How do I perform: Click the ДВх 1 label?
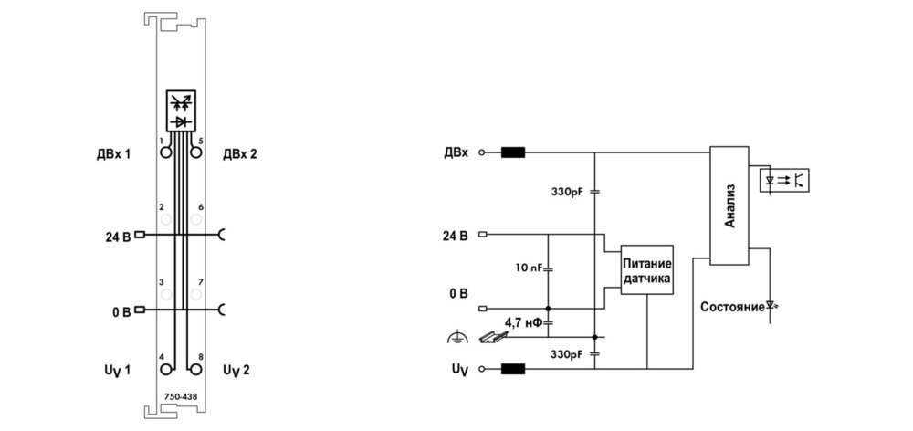tap(114, 154)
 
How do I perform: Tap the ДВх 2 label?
tap(240, 154)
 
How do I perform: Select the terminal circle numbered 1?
tap(166, 152)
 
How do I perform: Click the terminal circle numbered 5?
tap(196, 152)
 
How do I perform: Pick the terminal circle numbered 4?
tap(166, 369)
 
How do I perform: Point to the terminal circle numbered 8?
tap(196, 369)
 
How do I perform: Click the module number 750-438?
tap(181, 396)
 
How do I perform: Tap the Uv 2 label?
tap(236, 371)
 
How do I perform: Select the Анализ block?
tap(729, 205)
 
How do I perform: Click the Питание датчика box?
tap(647, 269)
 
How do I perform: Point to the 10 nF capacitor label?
tap(529, 268)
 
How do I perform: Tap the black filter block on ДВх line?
tap(513, 152)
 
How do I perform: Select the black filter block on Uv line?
tap(513, 369)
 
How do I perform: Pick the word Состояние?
tap(732, 307)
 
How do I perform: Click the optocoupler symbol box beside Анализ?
tap(785, 180)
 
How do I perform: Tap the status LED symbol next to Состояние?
tap(771, 305)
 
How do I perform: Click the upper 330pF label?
tap(567, 191)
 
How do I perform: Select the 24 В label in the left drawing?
tap(119, 237)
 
